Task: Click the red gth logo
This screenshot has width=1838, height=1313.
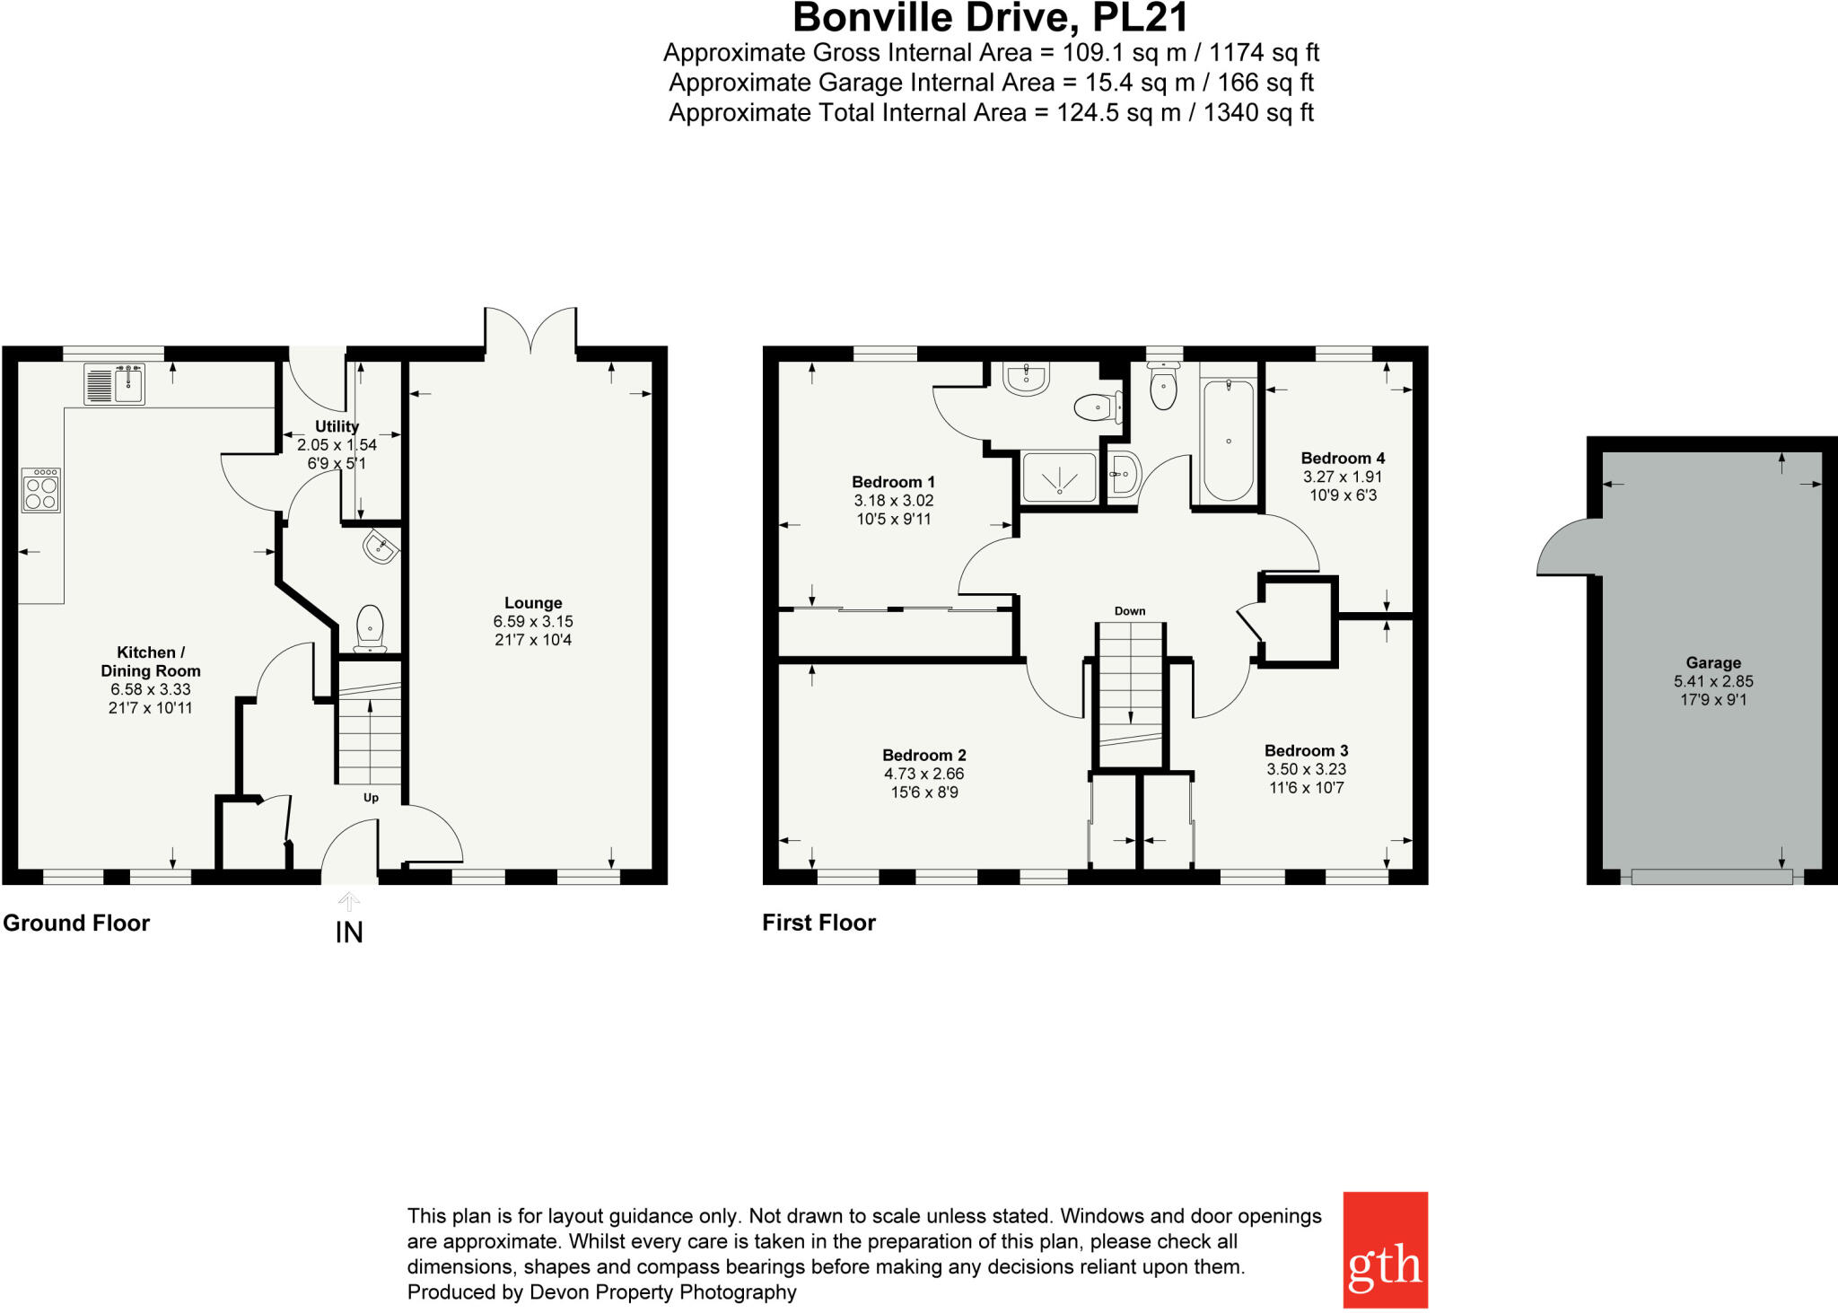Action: point(1384,1249)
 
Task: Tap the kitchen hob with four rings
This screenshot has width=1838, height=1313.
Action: point(41,489)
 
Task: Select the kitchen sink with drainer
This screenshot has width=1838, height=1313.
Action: point(114,384)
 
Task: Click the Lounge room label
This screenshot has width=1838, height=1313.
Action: point(533,603)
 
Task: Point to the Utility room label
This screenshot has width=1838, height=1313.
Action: point(337,426)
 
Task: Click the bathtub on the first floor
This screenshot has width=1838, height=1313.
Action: point(1228,440)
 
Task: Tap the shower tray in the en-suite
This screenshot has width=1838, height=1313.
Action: point(1059,476)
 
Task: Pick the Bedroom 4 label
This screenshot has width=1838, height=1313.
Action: point(1343,458)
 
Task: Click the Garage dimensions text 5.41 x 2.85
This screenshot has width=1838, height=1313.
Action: point(1712,681)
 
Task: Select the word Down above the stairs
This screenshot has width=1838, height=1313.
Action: point(1130,611)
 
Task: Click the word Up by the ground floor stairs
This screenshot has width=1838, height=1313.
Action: point(371,798)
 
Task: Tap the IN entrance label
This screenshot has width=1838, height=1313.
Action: point(349,932)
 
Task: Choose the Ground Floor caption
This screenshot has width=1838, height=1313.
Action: point(76,923)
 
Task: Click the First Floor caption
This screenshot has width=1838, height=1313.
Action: point(818,923)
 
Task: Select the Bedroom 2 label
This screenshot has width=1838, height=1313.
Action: point(923,755)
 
